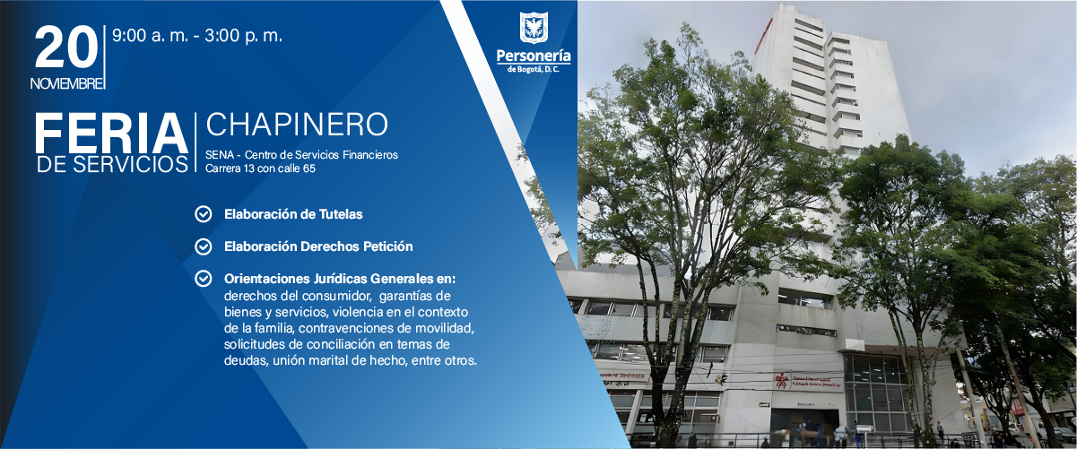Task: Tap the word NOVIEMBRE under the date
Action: [66, 83]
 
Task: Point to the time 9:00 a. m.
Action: [147, 37]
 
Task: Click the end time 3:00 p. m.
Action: [245, 37]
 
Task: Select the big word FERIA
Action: [110, 134]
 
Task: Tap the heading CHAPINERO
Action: [297, 125]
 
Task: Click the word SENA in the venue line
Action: [220, 155]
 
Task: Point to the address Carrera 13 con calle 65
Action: [260, 168]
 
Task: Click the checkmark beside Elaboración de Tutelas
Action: [204, 214]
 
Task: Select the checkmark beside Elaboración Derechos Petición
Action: [204, 246]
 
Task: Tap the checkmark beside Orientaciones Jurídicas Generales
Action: [204, 279]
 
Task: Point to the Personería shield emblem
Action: [534, 27]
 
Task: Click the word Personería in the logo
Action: [534, 56]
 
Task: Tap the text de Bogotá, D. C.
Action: [534, 70]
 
